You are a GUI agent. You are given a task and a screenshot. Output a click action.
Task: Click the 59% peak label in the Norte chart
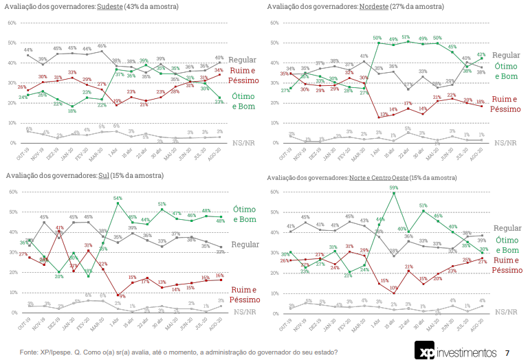pyautogui.click(x=394, y=187)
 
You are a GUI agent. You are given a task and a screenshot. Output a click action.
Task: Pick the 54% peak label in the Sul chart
pyautogui.click(x=118, y=197)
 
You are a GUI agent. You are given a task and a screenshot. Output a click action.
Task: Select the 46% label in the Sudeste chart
pyautogui.click(x=102, y=46)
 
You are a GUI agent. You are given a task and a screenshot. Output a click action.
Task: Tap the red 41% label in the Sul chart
pyautogui.click(x=60, y=227)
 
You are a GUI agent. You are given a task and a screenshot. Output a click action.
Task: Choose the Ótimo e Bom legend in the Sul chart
pyautogui.click(x=245, y=214)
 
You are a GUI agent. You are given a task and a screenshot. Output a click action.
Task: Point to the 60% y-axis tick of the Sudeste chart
pyautogui.click(x=12, y=23)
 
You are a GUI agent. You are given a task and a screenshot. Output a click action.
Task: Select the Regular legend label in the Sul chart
pyautogui.click(x=246, y=245)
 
